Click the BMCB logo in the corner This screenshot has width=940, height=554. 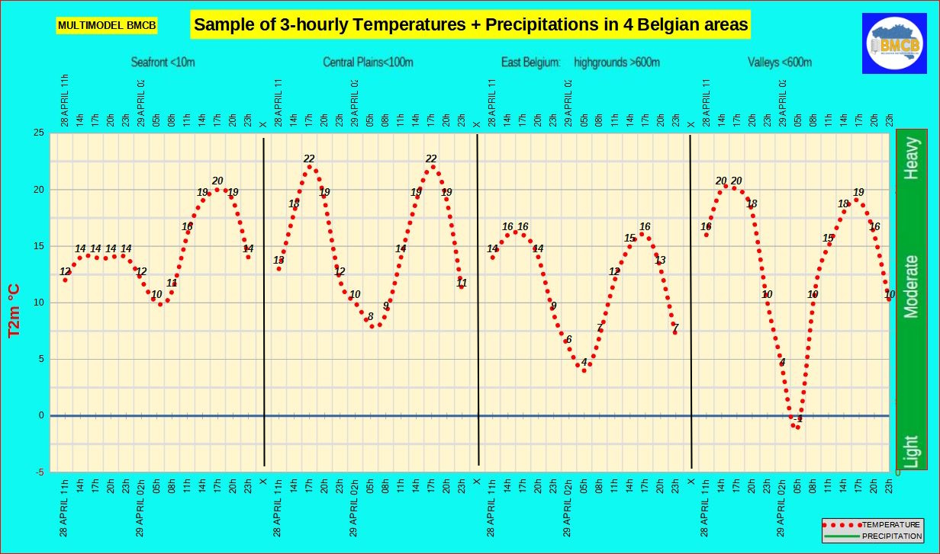coord(893,43)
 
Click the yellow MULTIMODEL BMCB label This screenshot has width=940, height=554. coord(107,26)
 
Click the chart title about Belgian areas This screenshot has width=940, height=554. coord(471,24)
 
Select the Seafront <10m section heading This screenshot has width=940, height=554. coord(163,62)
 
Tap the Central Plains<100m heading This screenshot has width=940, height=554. coord(368,62)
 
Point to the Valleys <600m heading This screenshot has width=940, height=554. coord(780,62)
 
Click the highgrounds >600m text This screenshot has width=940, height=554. coord(616,62)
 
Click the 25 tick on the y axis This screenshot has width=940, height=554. coord(37,133)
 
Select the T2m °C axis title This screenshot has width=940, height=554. coord(14,310)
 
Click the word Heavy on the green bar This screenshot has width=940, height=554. coord(911,159)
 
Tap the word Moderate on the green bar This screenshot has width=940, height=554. coord(911,287)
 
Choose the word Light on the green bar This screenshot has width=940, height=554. coord(911,451)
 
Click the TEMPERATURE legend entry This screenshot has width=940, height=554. coord(890,525)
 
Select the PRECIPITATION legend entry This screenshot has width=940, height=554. coord(890,536)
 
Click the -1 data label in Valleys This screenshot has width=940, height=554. coord(798,419)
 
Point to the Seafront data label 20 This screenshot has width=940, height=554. coord(217,181)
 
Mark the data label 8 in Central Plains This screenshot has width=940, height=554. coord(371,317)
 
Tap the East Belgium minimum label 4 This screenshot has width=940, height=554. coord(584,362)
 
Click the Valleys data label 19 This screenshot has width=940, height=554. coord(858,193)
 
